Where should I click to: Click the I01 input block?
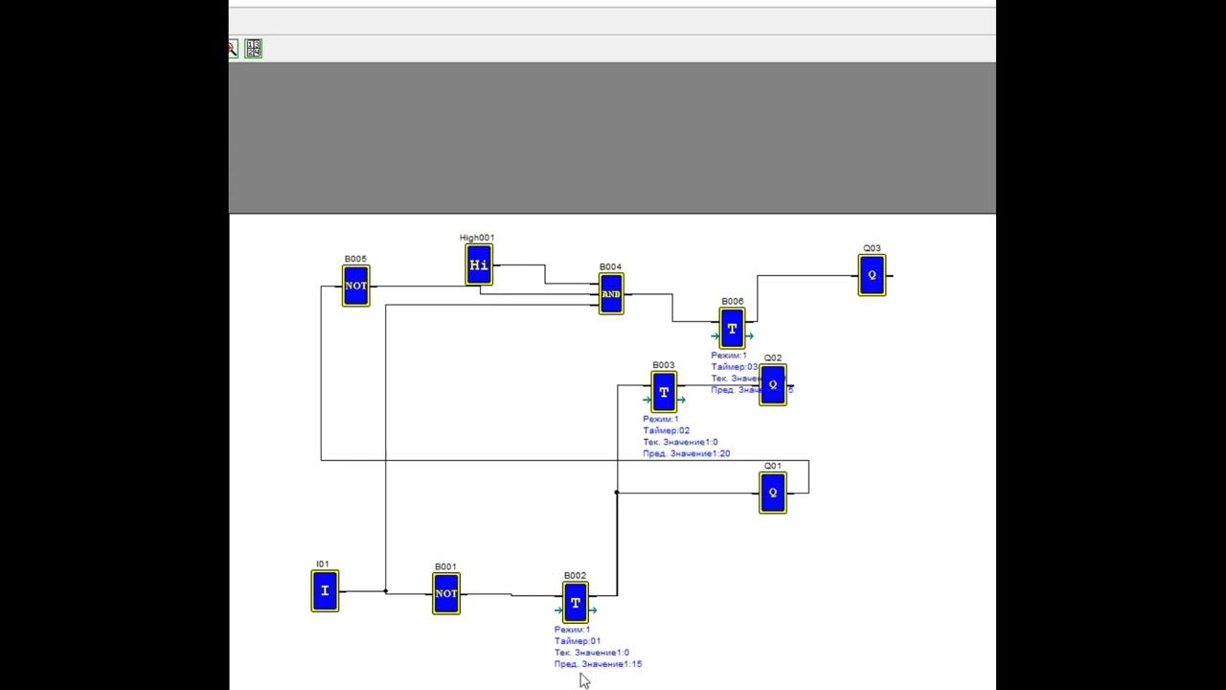325,590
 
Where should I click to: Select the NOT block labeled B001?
446,593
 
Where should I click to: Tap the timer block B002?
576,603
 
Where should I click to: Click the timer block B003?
664,392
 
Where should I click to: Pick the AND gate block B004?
611,293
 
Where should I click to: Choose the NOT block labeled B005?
355,286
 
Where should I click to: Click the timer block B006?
733,329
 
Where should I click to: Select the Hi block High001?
479,264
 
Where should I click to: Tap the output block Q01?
773,493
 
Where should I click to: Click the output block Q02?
773,384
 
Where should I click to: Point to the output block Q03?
872,275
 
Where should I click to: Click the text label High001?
477,238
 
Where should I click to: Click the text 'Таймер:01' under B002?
578,641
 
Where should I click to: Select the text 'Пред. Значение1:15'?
598,664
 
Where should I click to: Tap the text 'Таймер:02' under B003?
667,431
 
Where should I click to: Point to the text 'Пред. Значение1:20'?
687,453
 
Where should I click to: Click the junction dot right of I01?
386,591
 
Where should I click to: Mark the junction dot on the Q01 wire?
617,493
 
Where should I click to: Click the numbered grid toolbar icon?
253,48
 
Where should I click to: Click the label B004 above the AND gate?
610,267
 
